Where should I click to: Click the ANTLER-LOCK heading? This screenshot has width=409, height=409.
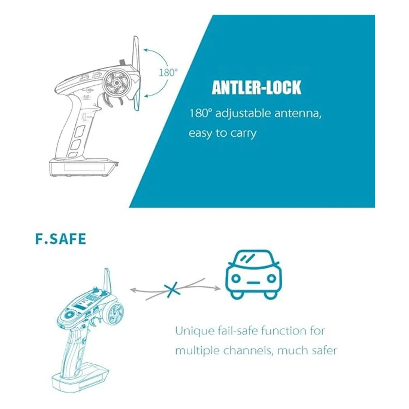256,88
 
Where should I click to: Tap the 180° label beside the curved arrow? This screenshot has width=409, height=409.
168,73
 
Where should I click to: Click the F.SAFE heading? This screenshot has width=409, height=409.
61,239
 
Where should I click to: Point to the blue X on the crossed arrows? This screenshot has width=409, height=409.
172,289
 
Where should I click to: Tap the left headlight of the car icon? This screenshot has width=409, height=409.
236,278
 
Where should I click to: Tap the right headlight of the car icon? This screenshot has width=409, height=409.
271,278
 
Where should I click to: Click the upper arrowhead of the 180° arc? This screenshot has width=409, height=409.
146,50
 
